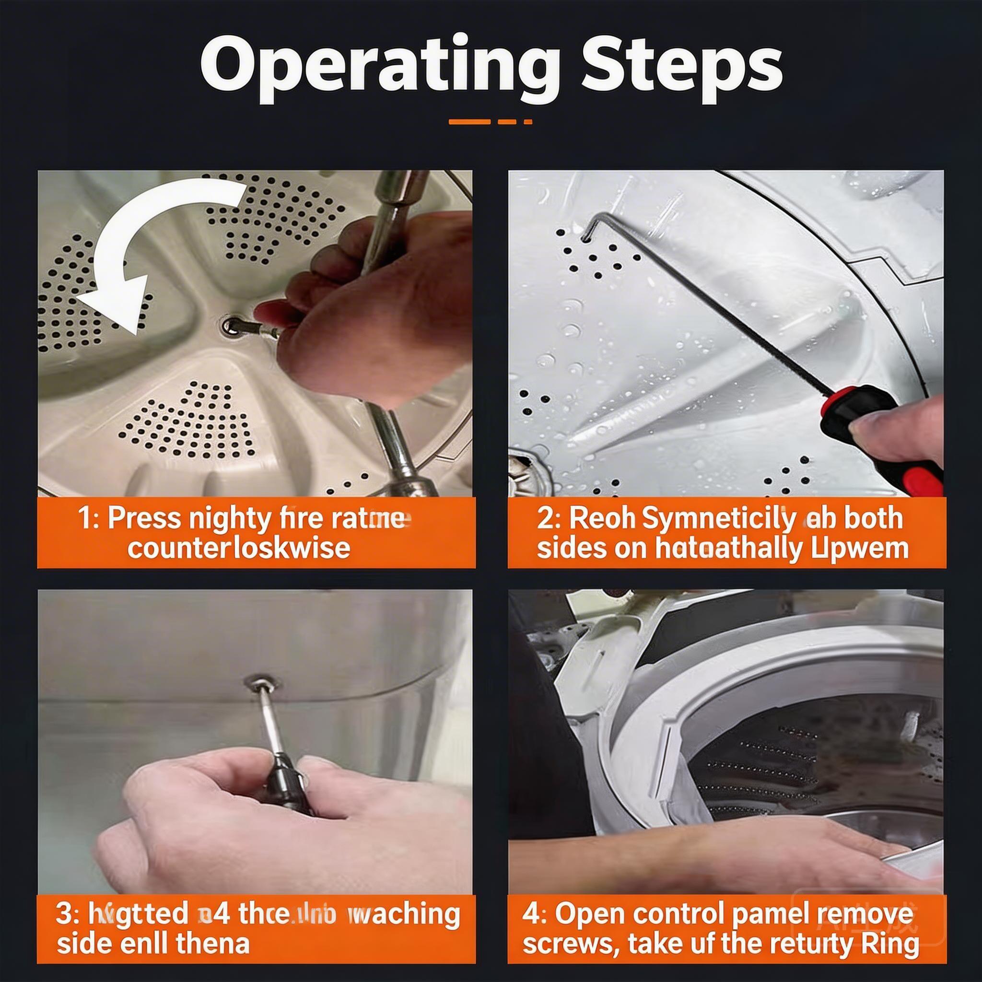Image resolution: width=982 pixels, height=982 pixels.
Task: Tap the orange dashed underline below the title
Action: click(x=491, y=122)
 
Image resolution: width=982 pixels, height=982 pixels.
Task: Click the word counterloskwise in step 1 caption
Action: click(x=239, y=548)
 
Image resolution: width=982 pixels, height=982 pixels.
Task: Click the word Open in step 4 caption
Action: click(x=589, y=900)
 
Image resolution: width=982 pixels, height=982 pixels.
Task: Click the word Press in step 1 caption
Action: click(x=145, y=518)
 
